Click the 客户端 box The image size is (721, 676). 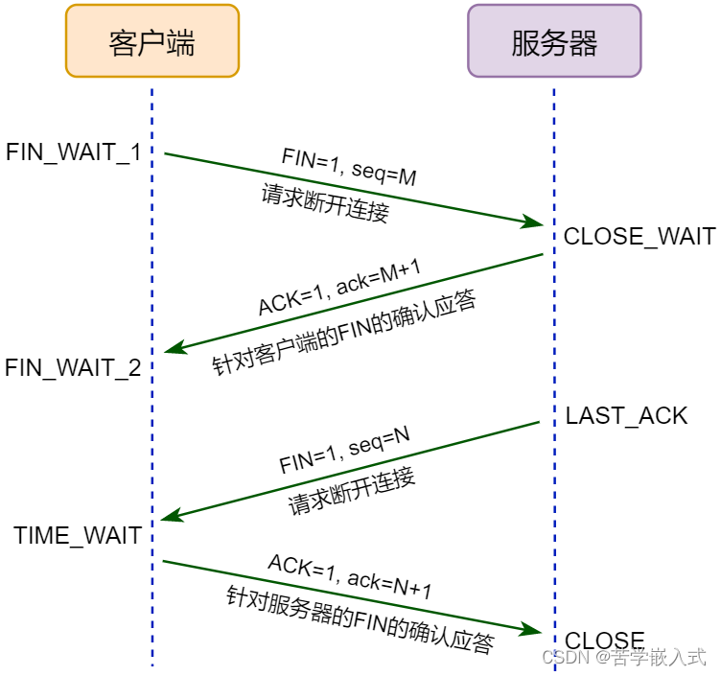151,41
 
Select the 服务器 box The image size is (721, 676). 554,41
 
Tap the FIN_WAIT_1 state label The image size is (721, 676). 74,152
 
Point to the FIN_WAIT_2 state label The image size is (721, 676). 74,367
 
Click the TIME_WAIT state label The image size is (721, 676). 79,535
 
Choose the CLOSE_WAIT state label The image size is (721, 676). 640,237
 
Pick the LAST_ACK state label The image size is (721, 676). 626,415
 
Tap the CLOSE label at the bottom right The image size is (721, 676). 605,641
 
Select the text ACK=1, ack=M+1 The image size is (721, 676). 339,287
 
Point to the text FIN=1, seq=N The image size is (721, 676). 345,450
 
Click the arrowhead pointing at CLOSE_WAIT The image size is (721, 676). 535,223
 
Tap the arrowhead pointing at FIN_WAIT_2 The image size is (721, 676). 173,349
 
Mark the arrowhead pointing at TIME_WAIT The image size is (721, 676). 170,517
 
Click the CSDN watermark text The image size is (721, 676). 623,658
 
